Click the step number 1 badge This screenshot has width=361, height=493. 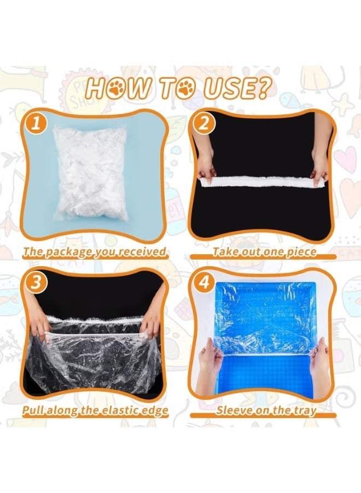(36, 123)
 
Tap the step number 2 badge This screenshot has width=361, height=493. (204, 123)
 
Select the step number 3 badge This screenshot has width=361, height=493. (36, 282)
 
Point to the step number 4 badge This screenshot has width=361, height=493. (204, 282)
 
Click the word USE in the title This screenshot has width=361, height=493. (230, 88)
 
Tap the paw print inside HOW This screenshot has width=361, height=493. (117, 89)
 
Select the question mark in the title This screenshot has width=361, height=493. (264, 88)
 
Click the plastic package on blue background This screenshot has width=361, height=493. (90, 173)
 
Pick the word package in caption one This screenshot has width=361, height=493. (65, 253)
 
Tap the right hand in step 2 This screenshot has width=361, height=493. (321, 154)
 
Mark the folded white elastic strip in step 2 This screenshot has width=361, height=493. (264, 182)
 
